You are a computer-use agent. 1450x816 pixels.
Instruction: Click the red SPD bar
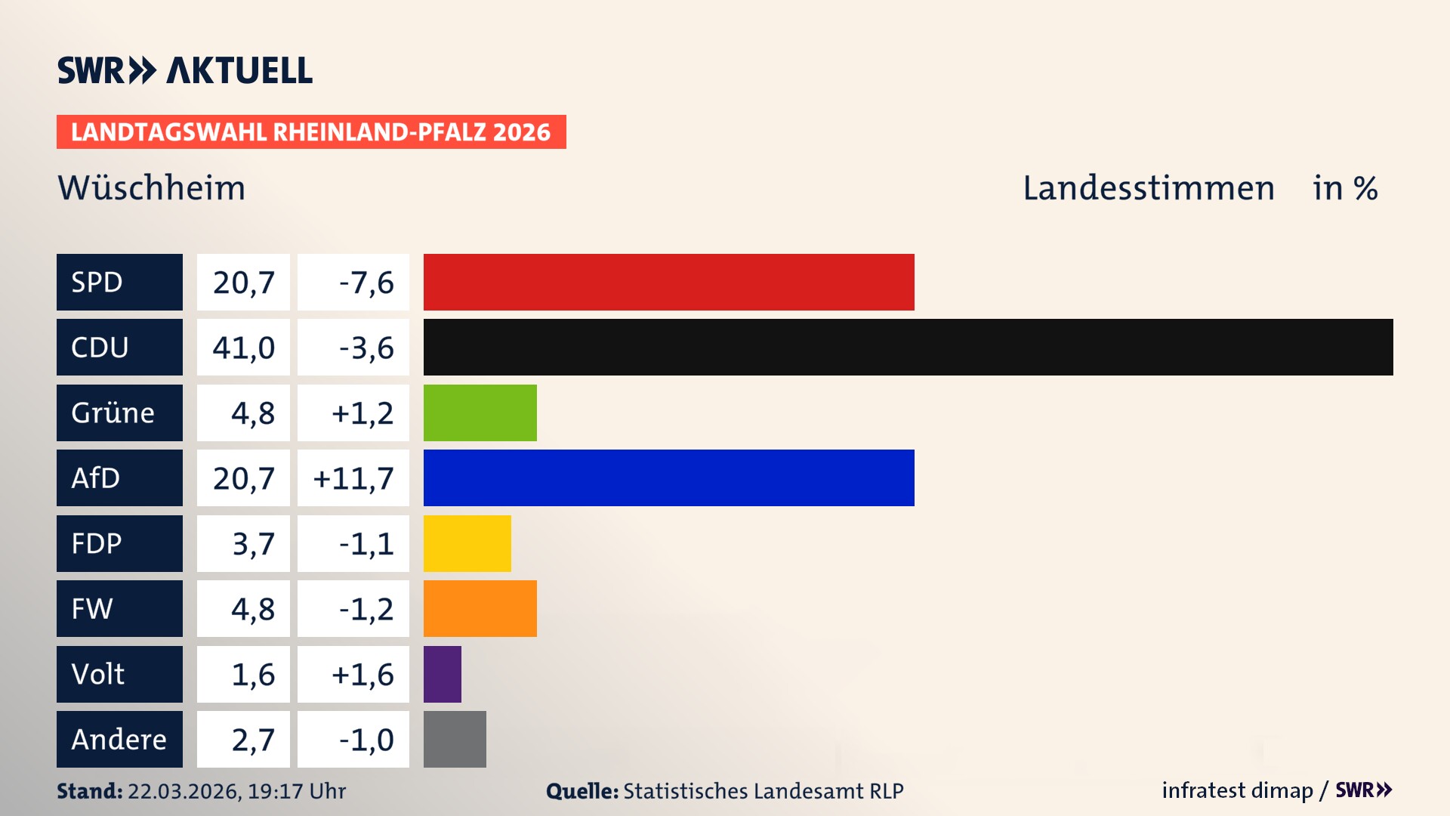(668, 282)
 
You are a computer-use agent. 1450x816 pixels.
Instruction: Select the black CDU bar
(908, 347)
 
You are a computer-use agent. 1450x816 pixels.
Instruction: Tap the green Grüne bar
(480, 413)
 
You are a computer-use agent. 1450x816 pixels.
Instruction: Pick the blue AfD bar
(668, 478)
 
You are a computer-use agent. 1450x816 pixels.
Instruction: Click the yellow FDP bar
(467, 543)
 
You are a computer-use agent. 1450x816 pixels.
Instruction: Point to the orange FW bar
(480, 608)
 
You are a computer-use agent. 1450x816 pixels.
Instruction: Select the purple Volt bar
(442, 674)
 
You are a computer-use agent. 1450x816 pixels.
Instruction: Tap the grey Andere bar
(455, 739)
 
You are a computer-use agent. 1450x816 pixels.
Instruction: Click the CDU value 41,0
(243, 348)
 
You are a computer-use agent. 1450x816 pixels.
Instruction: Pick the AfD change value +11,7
(353, 478)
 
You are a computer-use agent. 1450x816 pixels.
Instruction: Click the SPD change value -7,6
(366, 283)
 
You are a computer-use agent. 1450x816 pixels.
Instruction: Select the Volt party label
(98, 674)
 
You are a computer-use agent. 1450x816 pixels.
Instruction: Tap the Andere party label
(119, 739)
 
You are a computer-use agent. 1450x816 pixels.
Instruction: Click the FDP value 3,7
(253, 544)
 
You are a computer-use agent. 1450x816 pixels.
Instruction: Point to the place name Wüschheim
(152, 187)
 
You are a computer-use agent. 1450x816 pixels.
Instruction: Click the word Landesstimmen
(1148, 187)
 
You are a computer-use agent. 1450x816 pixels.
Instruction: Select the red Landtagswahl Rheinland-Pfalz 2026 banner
(310, 131)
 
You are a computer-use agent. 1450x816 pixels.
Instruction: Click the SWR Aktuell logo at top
(184, 70)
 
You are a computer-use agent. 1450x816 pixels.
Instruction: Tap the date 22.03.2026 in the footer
(184, 791)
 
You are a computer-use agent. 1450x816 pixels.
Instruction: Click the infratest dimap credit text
(1236, 790)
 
